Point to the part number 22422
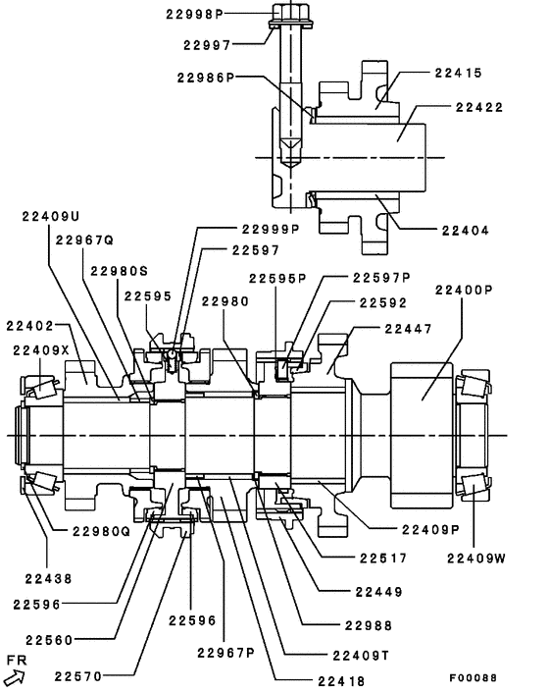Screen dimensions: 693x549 [x=472, y=109]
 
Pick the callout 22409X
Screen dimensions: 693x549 [x=42, y=349]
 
